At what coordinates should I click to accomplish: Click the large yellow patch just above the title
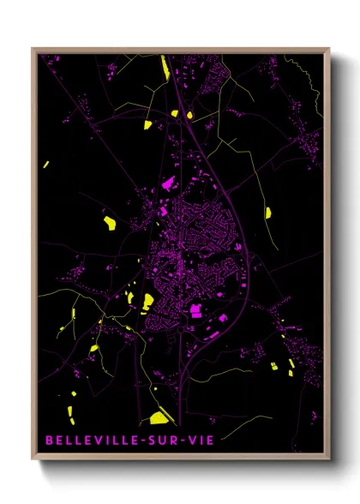tap(159, 418)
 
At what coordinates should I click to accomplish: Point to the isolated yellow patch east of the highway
tap(268, 212)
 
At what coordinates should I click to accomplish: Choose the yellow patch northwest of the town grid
tap(110, 223)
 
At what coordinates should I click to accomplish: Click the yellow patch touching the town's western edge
tap(147, 301)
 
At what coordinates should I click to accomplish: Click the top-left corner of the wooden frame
tap(33, 49)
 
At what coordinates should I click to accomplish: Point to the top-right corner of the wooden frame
tap(329, 49)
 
